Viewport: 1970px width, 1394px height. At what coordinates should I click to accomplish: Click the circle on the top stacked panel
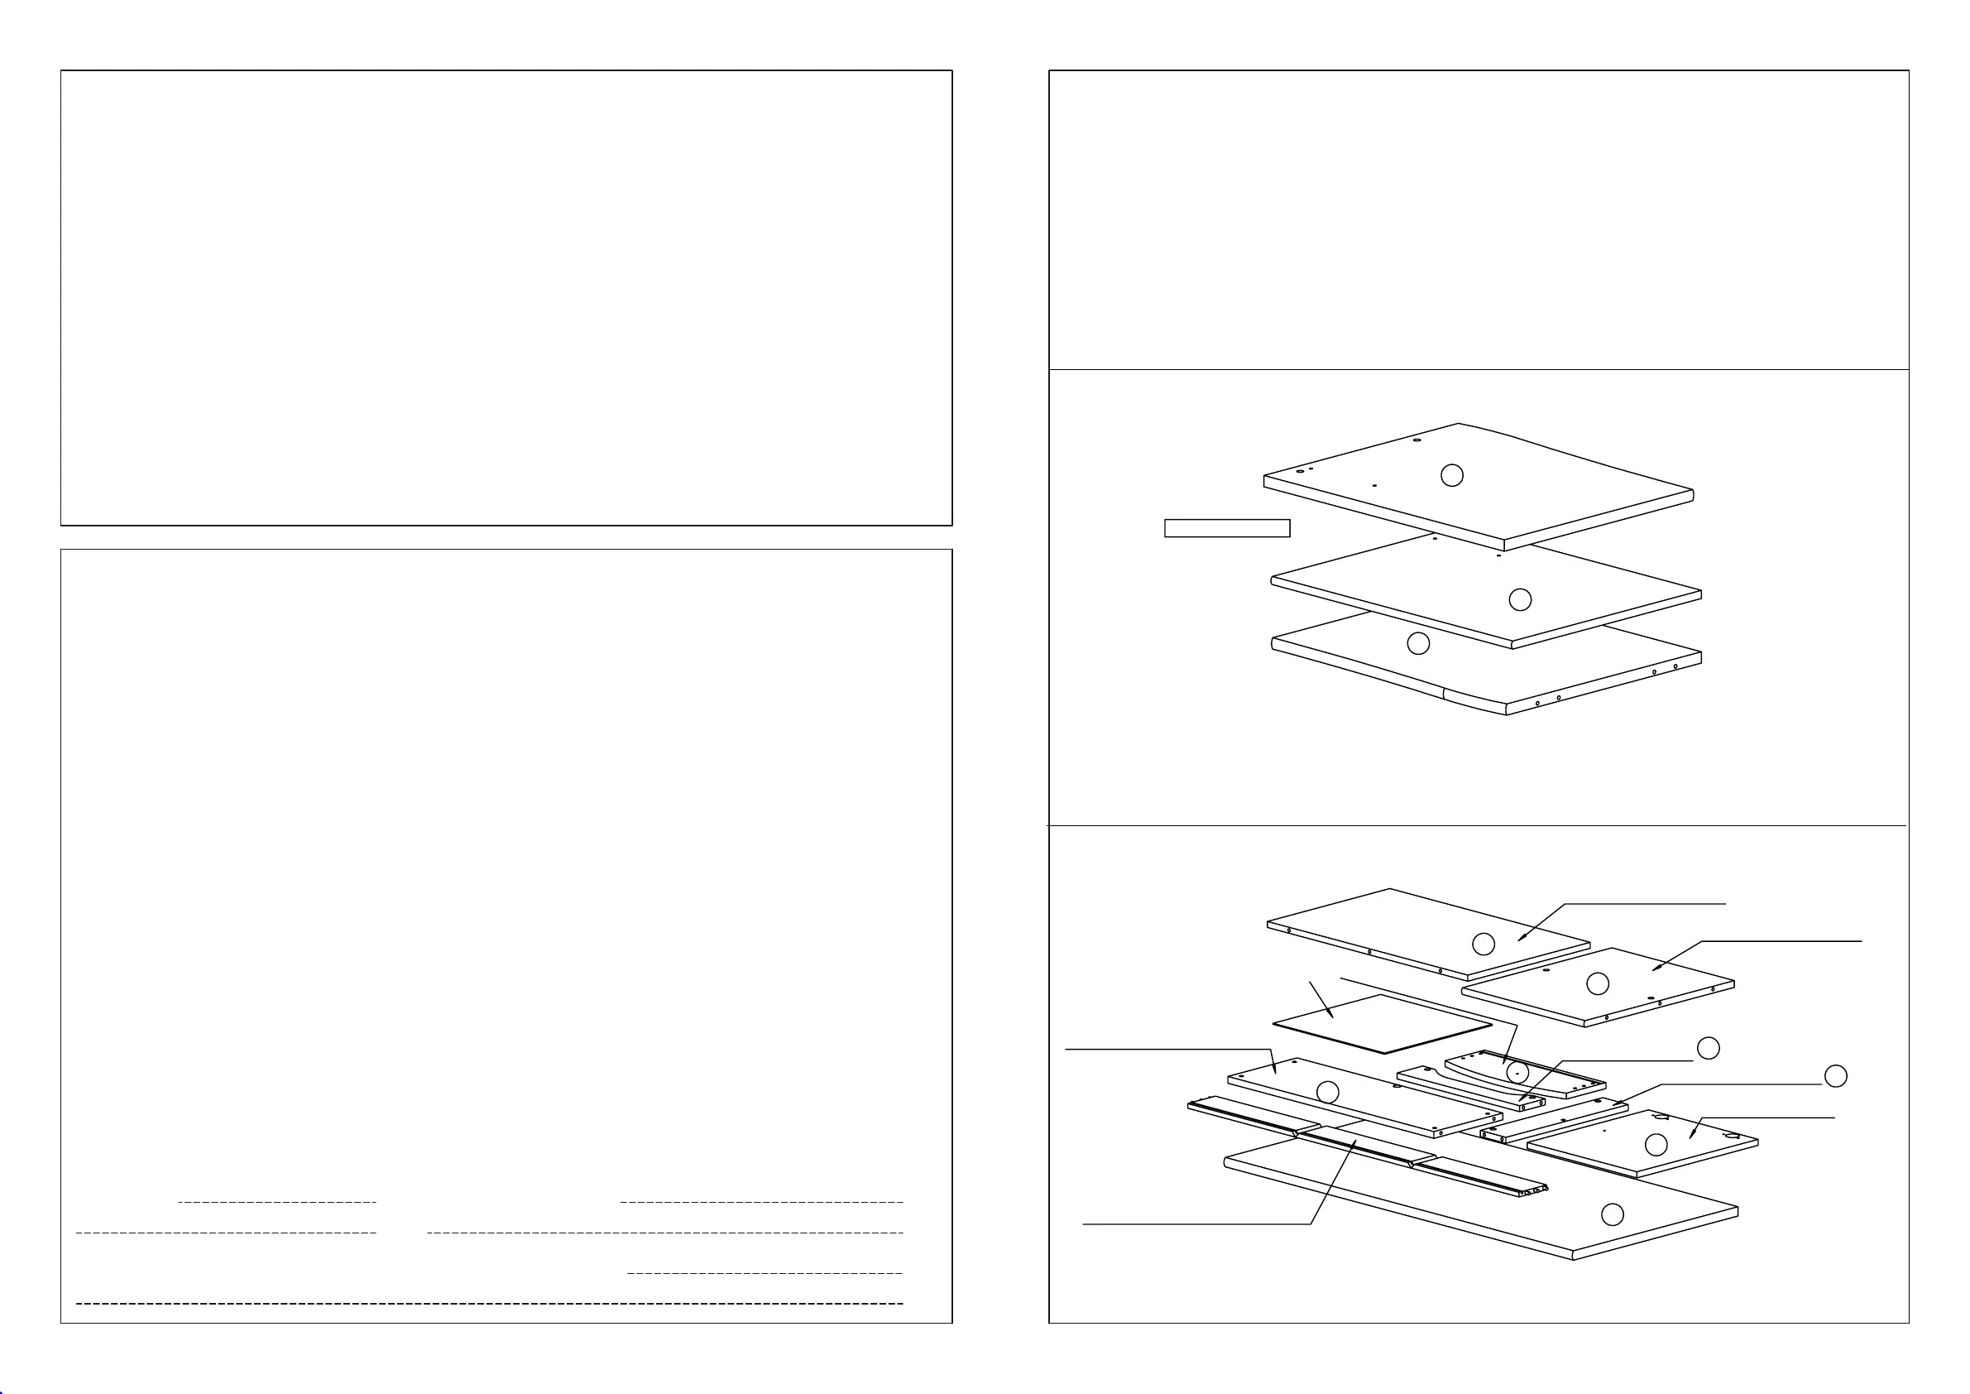[1452, 474]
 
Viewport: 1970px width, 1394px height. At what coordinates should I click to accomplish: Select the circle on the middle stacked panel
[1521, 599]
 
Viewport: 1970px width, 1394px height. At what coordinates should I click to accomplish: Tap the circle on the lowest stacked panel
[1418, 643]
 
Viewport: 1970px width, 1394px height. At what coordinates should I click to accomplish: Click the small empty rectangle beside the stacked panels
[1227, 528]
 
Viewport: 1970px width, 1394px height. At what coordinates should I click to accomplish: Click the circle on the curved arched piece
[1517, 1072]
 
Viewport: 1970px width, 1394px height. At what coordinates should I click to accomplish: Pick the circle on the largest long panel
[1613, 1214]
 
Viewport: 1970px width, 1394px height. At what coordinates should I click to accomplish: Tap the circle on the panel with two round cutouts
[1655, 1144]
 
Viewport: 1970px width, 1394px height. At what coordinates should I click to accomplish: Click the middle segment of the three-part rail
[1355, 1146]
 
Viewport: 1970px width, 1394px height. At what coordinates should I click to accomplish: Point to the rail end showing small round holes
[1531, 1190]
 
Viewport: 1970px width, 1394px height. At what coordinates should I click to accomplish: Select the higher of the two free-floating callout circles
[1709, 1047]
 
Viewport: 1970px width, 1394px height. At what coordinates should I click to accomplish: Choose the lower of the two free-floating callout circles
[1835, 1076]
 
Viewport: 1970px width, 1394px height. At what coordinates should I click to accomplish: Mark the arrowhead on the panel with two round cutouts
[1691, 1137]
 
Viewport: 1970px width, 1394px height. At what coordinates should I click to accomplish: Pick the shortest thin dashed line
[277, 1202]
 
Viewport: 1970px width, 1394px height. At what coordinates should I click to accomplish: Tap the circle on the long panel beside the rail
[1327, 1092]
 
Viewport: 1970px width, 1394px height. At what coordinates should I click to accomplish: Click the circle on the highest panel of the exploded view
[1483, 945]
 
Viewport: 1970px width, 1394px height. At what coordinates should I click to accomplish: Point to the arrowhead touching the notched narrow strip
[1521, 1099]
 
